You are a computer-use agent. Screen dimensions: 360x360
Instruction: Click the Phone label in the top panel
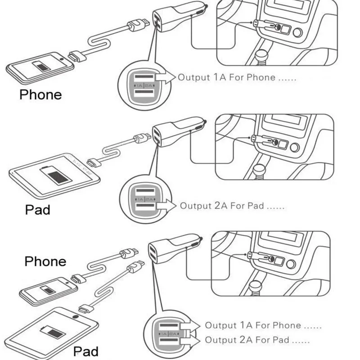click(x=40, y=94)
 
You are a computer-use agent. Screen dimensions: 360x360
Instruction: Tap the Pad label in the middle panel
click(x=37, y=210)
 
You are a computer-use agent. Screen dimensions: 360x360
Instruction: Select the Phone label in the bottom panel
click(x=45, y=261)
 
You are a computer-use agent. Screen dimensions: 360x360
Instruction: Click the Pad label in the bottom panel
click(x=85, y=351)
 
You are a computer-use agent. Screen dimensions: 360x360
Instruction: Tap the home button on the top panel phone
click(x=62, y=57)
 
